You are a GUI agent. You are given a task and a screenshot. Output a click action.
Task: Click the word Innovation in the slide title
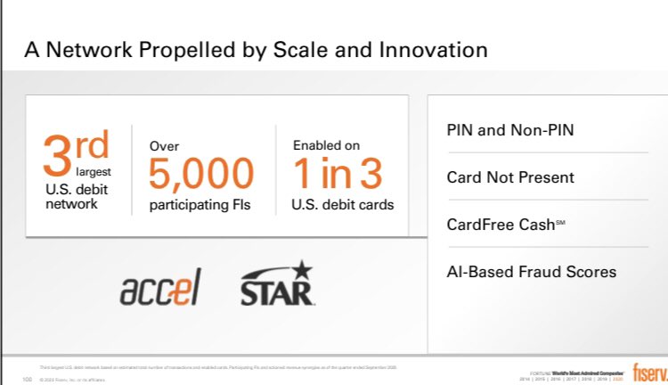click(429, 50)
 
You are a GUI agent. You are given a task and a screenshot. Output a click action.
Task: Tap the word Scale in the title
click(301, 50)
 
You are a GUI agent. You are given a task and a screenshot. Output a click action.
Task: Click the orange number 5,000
click(200, 173)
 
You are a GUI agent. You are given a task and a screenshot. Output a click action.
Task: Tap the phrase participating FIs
click(200, 205)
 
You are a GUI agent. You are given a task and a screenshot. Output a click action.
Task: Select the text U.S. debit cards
click(342, 205)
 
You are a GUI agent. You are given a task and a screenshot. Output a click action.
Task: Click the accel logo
click(160, 287)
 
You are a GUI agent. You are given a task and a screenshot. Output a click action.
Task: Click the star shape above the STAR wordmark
click(303, 267)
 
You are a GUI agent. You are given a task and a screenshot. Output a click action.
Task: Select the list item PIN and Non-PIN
click(510, 130)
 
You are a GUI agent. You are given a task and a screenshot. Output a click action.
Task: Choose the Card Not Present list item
click(510, 177)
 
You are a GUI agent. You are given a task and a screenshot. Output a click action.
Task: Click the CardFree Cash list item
click(506, 225)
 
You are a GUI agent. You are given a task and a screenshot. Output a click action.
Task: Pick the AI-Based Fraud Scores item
click(531, 272)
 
